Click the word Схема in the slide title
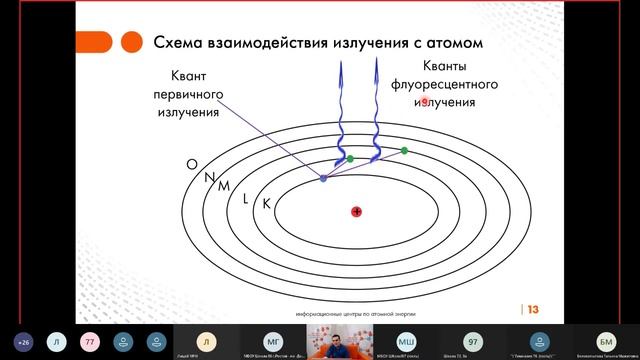point(181,43)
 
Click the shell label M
point(224,186)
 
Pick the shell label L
point(245,198)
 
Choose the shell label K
point(266,204)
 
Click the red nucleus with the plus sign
point(356,211)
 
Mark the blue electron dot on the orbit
point(323,178)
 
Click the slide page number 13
point(533,309)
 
